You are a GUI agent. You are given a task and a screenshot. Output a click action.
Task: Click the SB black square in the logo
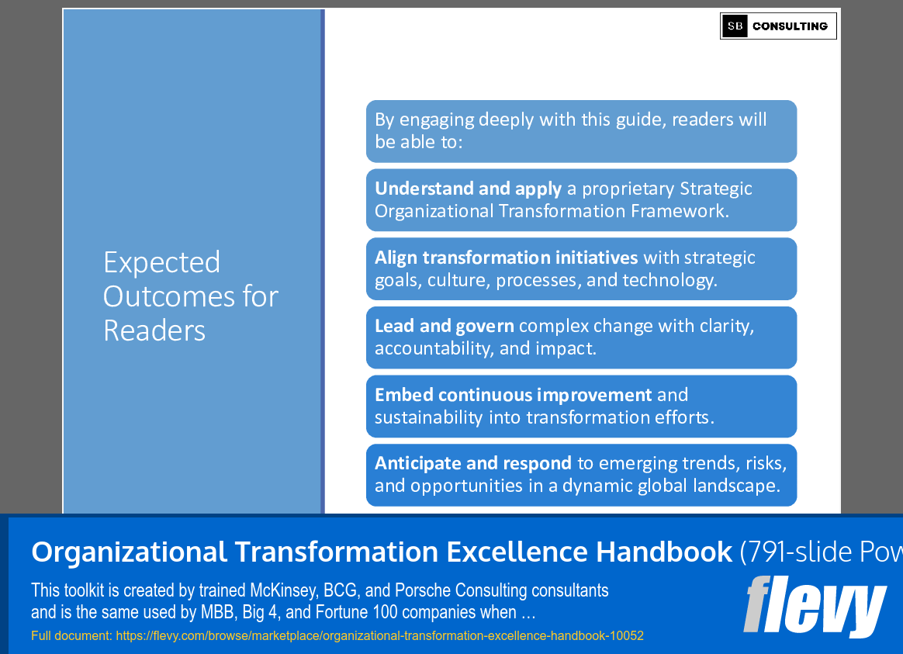pyautogui.click(x=735, y=26)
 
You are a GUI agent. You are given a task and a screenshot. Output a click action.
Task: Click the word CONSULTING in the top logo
pyautogui.click(x=790, y=26)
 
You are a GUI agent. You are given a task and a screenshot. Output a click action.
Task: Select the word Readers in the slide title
pyautogui.click(x=154, y=330)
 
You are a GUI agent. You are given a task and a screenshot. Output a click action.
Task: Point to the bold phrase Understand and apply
pyautogui.click(x=469, y=189)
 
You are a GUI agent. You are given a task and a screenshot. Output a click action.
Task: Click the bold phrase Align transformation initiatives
pyautogui.click(x=507, y=258)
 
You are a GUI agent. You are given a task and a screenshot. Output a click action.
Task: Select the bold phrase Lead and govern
pyautogui.click(x=444, y=327)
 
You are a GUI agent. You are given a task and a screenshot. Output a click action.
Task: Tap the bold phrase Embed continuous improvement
pyautogui.click(x=513, y=395)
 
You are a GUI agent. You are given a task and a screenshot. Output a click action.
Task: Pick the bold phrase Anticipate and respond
pyautogui.click(x=472, y=463)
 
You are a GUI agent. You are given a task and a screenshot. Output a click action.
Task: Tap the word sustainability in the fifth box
pyautogui.click(x=428, y=418)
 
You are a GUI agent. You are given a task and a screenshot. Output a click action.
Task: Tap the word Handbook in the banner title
pyautogui.click(x=664, y=552)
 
